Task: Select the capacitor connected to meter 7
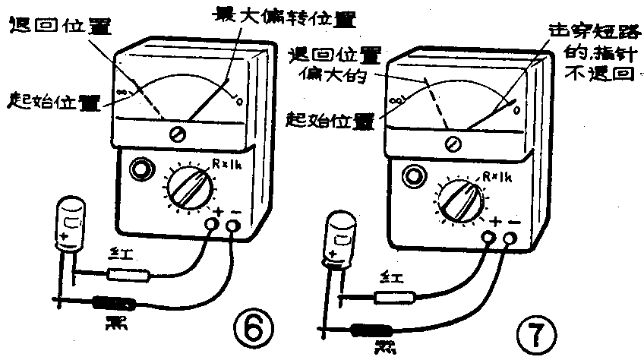pyautogui.click(x=339, y=237)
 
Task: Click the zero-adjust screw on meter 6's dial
pyautogui.click(x=179, y=134)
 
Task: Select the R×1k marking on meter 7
pyautogui.click(x=494, y=178)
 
